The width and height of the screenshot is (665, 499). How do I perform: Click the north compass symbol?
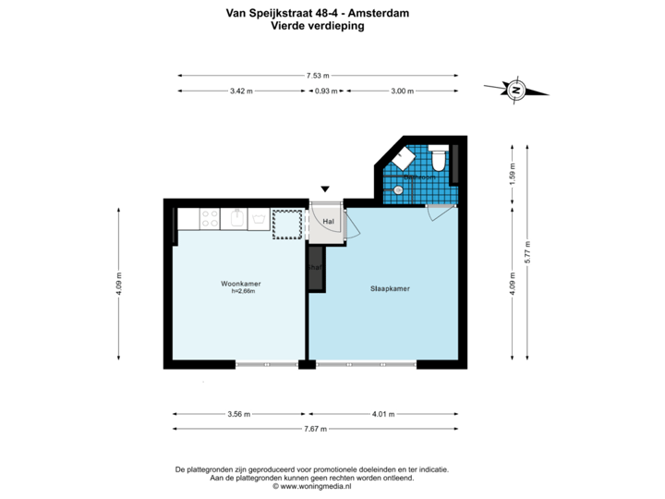(x=516, y=90)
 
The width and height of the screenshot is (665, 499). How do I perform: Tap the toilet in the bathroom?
(x=438, y=160)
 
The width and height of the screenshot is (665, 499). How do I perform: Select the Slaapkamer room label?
(x=390, y=288)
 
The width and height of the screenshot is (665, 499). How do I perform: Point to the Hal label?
(x=327, y=222)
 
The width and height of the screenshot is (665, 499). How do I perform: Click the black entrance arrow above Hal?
(x=324, y=190)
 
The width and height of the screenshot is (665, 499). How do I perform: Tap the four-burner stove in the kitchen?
(x=210, y=220)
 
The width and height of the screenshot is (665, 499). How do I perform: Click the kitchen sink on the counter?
(x=236, y=219)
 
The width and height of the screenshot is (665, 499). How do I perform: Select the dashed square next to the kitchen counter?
(x=287, y=224)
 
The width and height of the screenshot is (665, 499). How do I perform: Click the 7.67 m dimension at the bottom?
(x=316, y=429)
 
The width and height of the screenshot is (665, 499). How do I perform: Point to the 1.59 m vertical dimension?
(x=513, y=174)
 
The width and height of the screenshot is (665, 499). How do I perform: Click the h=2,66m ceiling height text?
(x=242, y=291)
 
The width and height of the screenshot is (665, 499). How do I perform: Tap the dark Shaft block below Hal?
(x=316, y=269)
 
